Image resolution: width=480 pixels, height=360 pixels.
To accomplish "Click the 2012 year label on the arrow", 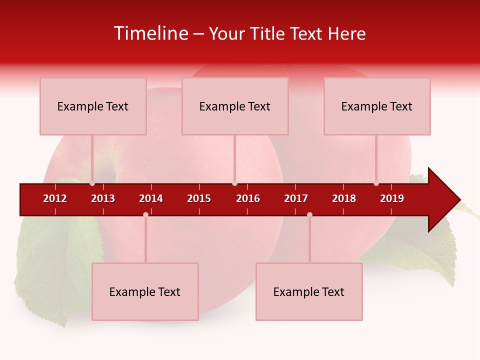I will pyautogui.click(x=55, y=198).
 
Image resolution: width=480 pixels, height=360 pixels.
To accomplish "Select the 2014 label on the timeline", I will pyautogui.click(x=151, y=198).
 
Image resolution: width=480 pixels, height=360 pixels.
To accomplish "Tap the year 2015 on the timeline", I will pyautogui.click(x=199, y=198).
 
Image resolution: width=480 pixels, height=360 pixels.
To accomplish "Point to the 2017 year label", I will pyautogui.click(x=296, y=198).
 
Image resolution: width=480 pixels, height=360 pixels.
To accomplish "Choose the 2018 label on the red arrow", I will pyautogui.click(x=344, y=198).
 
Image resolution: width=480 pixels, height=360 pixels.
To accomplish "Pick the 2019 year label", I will pyautogui.click(x=392, y=198).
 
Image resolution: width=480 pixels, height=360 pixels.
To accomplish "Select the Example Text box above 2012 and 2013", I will pyautogui.click(x=93, y=106).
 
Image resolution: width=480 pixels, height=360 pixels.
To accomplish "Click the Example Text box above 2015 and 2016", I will pyautogui.click(x=235, y=106).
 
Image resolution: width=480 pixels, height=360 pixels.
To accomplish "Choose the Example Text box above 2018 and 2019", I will pyautogui.click(x=377, y=106).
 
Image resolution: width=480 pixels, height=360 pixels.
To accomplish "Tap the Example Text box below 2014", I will pyautogui.click(x=145, y=291).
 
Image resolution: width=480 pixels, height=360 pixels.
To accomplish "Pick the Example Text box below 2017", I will pyautogui.click(x=309, y=291).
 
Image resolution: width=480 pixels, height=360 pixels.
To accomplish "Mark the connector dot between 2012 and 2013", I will pyautogui.click(x=92, y=183).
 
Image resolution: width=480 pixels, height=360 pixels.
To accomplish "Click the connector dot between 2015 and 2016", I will pyautogui.click(x=234, y=183).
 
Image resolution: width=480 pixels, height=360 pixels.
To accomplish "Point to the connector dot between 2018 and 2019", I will pyautogui.click(x=376, y=183).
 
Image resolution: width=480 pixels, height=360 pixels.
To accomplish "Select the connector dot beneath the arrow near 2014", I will pyautogui.click(x=145, y=214).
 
